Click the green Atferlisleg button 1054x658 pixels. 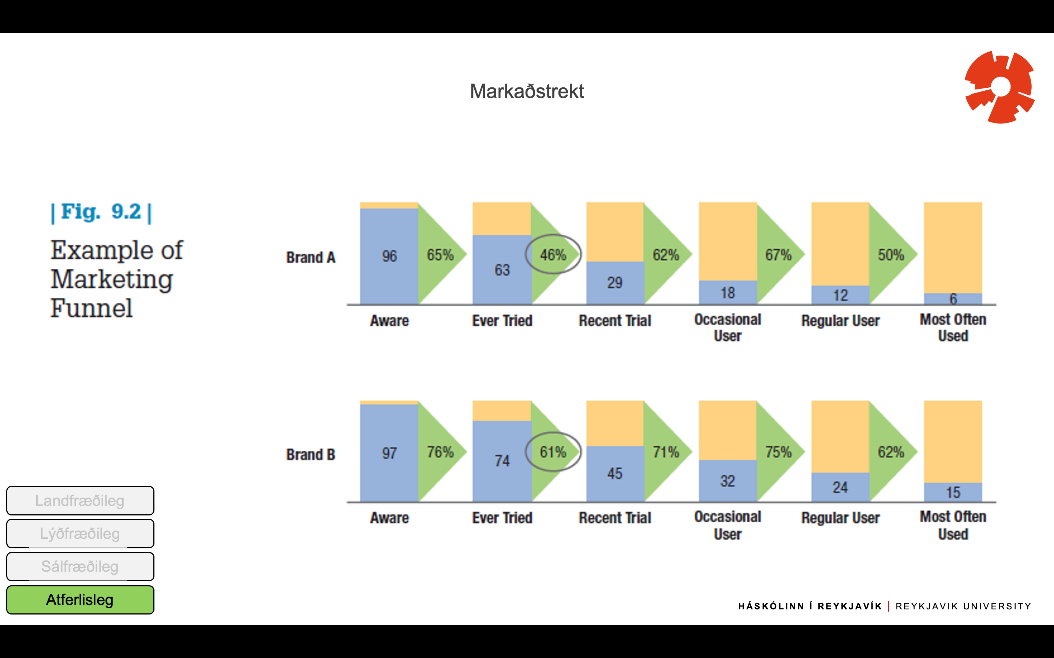[80, 600]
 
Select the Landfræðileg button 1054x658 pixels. [80, 501]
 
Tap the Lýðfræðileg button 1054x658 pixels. [80, 534]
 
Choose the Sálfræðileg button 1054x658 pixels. [80, 567]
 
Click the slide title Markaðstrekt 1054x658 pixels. [527, 91]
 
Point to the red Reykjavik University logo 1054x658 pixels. [999, 87]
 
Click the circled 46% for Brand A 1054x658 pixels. [553, 254]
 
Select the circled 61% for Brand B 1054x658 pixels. [553, 452]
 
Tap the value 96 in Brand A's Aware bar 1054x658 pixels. [389, 256]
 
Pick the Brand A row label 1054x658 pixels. [311, 258]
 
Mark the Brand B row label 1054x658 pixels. [311, 455]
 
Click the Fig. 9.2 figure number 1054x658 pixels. [101, 212]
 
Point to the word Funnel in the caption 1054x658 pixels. [91, 308]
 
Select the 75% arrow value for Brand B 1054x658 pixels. [778, 452]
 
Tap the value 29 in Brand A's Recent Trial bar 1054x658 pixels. [614, 283]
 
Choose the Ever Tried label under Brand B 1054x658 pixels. [502, 518]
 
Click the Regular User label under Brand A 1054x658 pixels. [840, 321]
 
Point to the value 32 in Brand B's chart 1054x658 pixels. [727, 481]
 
